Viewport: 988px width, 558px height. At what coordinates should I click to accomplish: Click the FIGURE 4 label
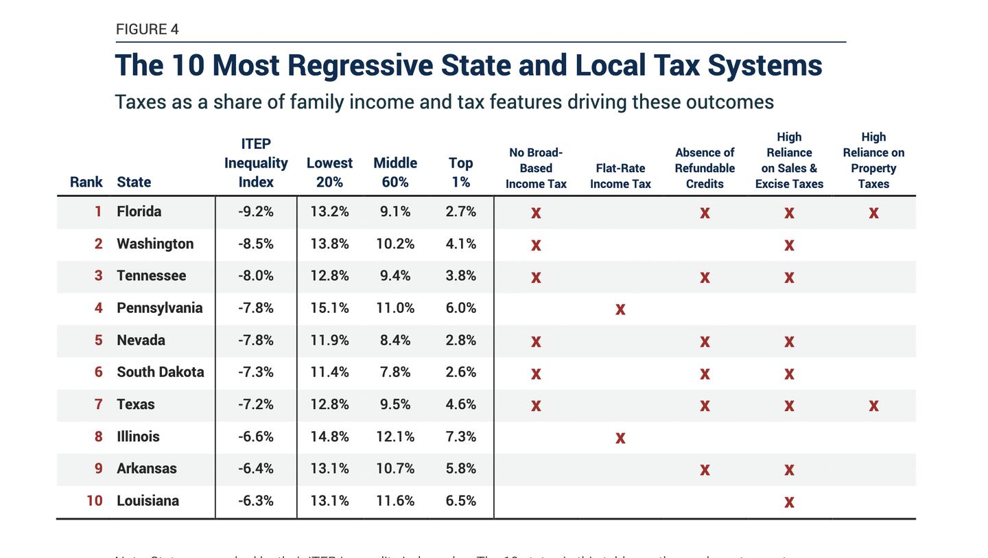point(147,30)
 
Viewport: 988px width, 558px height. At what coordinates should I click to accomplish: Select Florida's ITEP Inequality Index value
point(256,212)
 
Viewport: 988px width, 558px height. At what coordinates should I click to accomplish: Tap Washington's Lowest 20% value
point(329,244)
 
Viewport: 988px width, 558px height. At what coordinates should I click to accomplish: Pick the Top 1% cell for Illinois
point(460,437)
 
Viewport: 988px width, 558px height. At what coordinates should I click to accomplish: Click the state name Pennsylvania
point(159,308)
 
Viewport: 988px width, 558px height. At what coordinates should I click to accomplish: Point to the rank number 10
point(94,501)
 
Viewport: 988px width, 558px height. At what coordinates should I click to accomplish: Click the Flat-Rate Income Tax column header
point(620,176)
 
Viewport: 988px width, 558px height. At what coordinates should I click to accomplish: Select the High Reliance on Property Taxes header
point(873,161)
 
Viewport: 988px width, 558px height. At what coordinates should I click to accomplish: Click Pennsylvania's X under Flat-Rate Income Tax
point(620,310)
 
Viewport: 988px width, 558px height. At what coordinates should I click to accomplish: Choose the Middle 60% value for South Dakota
point(395,373)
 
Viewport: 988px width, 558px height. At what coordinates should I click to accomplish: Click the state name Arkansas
point(146,469)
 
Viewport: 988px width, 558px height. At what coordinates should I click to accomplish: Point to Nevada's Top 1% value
point(460,340)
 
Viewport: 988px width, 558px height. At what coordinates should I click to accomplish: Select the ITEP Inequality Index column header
point(256,163)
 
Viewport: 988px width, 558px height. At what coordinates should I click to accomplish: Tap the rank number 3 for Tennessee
point(98,276)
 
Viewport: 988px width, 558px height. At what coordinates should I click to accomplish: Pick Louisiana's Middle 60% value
point(395,501)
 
